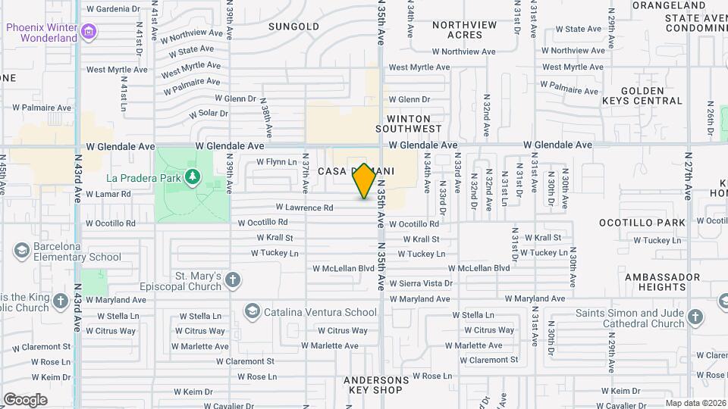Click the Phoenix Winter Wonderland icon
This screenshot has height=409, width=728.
point(90,31)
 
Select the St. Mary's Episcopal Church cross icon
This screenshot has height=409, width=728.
point(232,281)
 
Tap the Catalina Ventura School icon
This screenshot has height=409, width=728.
point(251,311)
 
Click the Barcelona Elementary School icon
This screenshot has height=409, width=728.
point(21,249)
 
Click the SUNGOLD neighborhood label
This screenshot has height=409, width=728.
point(294,27)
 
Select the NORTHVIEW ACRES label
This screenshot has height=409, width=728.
point(464,30)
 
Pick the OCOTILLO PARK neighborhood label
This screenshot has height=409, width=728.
point(642,223)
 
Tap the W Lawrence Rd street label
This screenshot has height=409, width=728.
point(304,207)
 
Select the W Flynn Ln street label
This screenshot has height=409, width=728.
point(276,161)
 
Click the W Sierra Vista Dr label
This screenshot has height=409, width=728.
point(421,283)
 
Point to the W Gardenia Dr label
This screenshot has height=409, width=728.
point(114,9)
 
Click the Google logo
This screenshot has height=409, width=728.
point(25,400)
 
